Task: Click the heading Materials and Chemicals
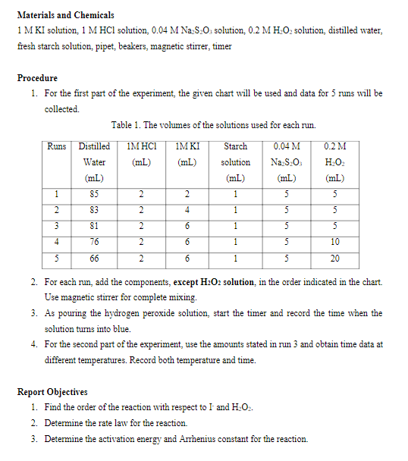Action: click(65, 15)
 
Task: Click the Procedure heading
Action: click(37, 78)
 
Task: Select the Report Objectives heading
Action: click(52, 392)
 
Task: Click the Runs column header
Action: click(56, 146)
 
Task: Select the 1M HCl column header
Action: click(142, 153)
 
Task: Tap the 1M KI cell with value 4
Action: click(187, 210)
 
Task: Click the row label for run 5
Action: click(56, 258)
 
